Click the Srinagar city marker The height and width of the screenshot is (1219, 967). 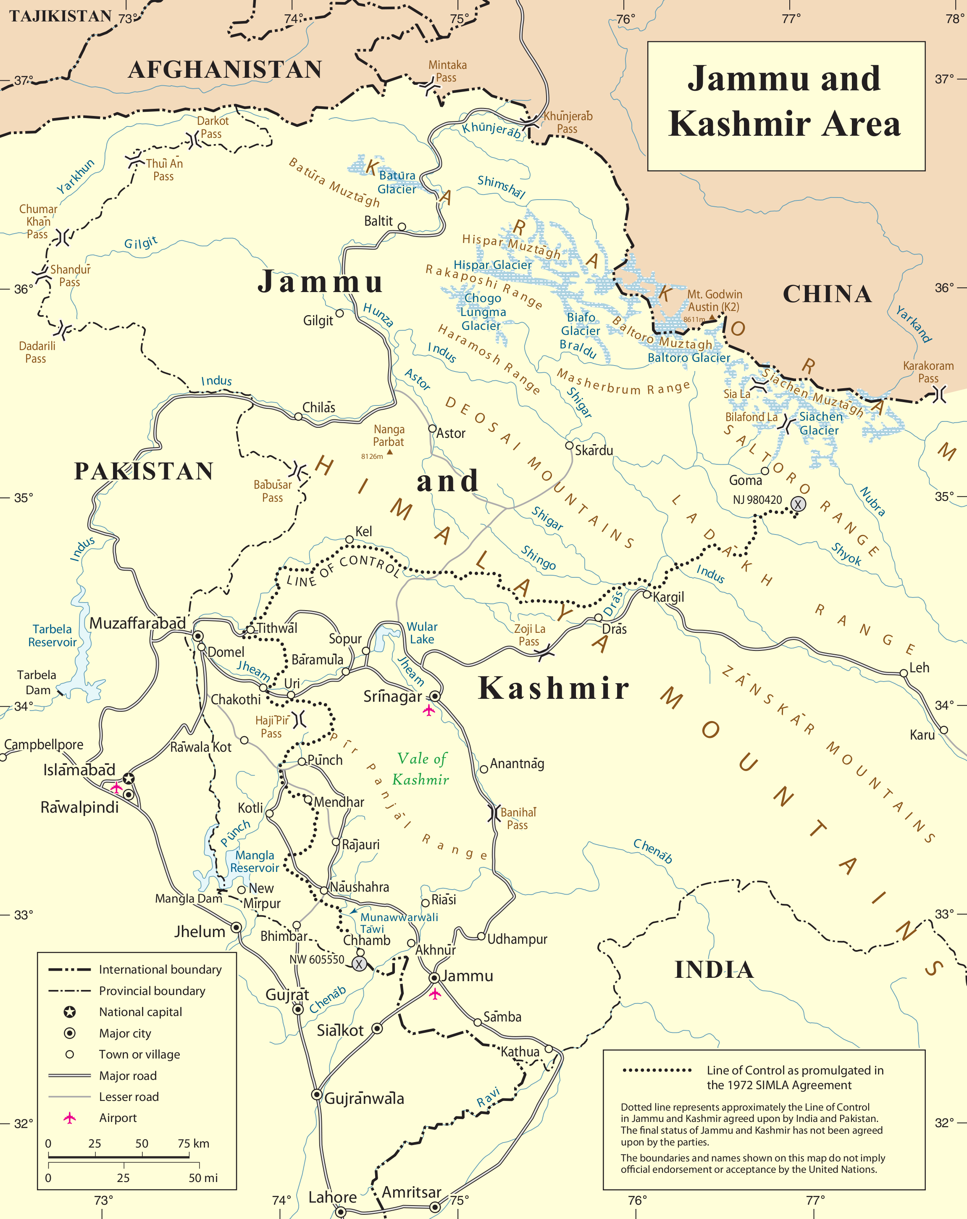(435, 695)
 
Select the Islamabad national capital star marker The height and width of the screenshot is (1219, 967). (129, 779)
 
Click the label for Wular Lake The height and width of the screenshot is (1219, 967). (422, 633)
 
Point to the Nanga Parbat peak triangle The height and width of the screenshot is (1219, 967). (389, 452)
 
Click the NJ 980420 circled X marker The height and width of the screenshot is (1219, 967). (797, 504)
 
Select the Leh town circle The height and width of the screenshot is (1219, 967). (904, 673)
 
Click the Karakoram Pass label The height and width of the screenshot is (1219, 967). (928, 372)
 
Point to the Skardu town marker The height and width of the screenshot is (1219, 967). (570, 445)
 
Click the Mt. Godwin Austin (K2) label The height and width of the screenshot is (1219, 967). (714, 300)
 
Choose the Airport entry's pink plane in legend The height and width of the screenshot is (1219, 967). (69, 1118)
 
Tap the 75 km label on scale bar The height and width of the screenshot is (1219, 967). (193, 1143)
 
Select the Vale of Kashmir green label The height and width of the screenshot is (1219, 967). (422, 769)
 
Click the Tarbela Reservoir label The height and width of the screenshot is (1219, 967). (52, 635)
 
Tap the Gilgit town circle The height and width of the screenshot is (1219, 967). (340, 313)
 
